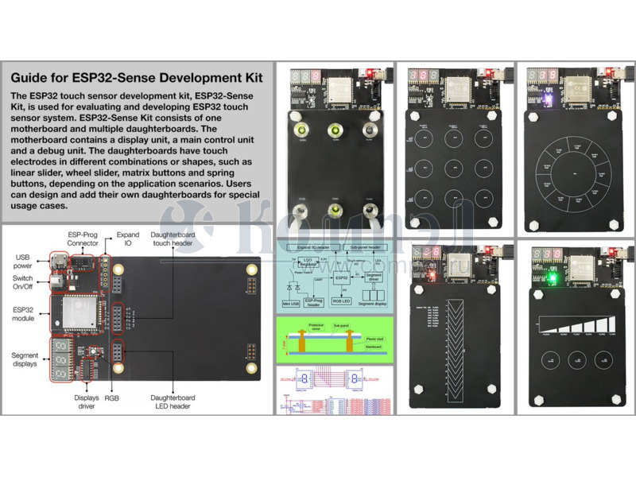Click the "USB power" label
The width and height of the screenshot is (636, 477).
[x=25, y=262]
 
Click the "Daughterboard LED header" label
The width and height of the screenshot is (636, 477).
[x=173, y=401]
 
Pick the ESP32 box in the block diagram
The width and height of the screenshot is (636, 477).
[x=341, y=278]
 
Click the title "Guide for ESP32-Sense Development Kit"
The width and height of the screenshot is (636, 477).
[x=136, y=79]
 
